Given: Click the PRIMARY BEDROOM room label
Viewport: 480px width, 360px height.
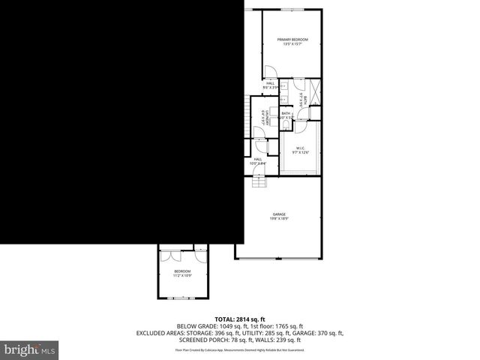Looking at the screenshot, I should (292, 39).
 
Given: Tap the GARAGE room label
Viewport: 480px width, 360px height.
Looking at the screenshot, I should (279, 214).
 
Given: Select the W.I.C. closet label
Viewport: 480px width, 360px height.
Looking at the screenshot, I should (299, 148).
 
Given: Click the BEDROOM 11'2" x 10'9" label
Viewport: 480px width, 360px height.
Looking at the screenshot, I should (182, 271).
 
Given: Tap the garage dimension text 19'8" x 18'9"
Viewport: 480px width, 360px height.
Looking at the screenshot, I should (279, 219).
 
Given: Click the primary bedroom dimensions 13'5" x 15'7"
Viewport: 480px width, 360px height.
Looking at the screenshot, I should (292, 44).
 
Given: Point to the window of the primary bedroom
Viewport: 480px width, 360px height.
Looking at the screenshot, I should (292, 9).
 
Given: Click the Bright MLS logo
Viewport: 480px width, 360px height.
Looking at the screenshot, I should (30, 349).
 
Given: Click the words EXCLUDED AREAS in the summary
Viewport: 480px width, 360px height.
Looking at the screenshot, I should (159, 332).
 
